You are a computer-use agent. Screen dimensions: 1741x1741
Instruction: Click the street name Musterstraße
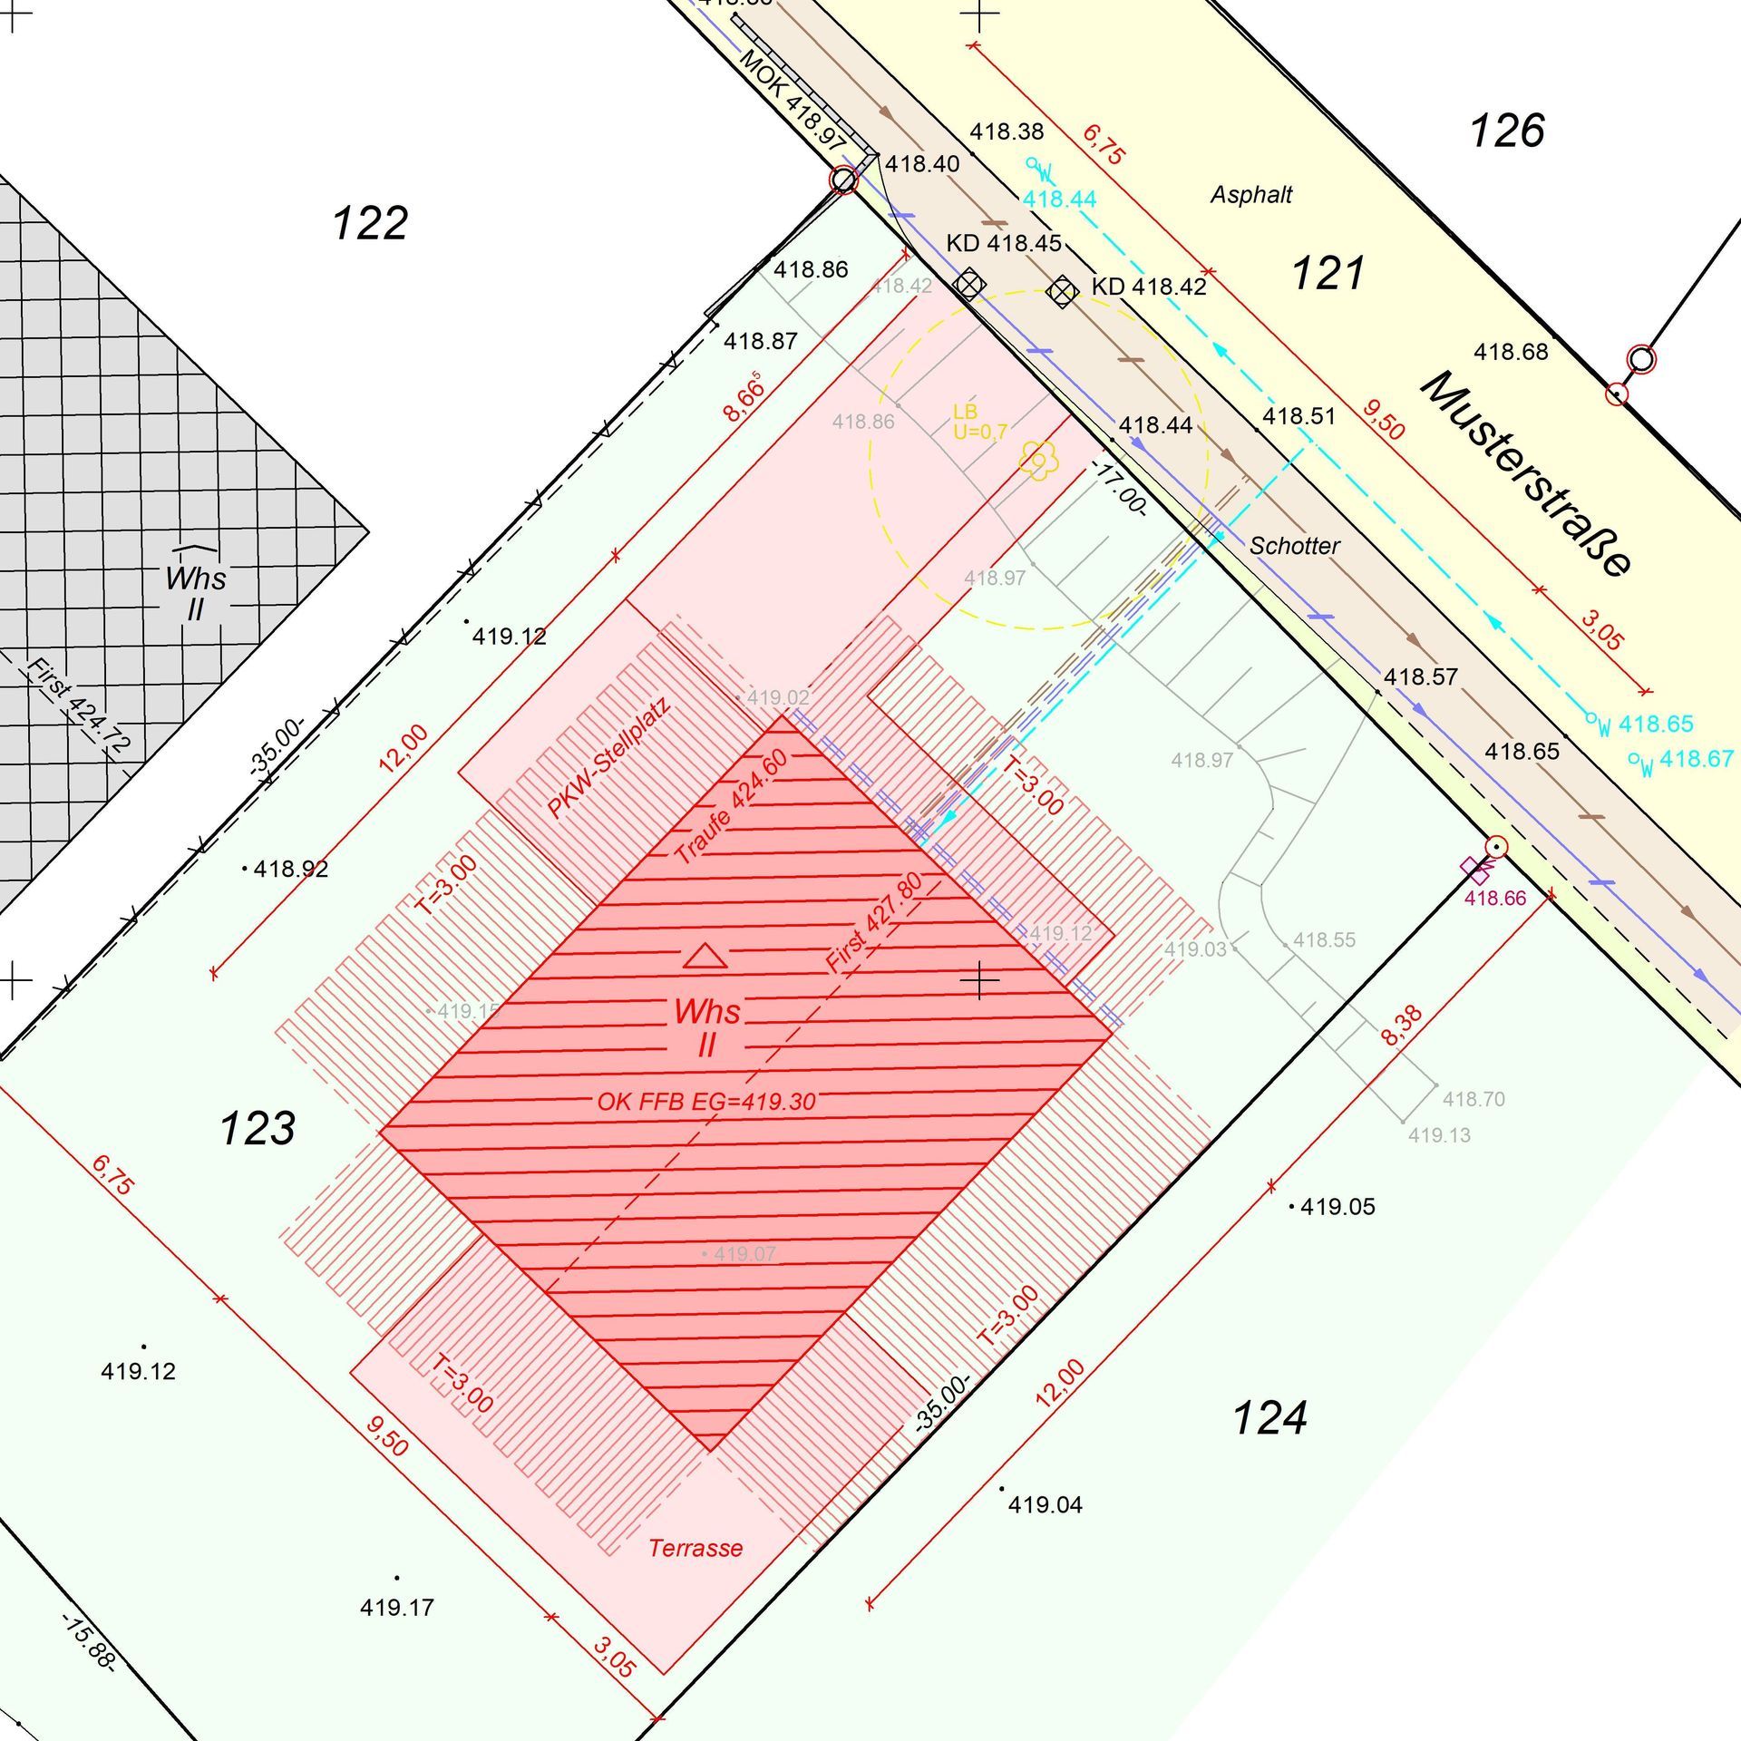coord(1527,473)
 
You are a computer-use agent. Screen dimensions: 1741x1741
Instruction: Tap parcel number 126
coord(1506,131)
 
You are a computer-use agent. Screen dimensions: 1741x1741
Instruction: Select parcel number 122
coord(370,223)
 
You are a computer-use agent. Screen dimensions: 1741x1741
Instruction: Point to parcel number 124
coord(1269,1418)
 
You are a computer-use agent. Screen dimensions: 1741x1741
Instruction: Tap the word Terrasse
coord(695,1548)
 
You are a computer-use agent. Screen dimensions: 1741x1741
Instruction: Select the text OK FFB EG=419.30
coord(706,1102)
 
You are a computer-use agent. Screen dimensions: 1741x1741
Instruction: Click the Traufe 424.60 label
coord(732,807)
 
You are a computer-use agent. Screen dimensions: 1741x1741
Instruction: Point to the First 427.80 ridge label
coord(874,922)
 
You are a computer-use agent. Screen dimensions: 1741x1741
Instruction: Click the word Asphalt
coord(1250,195)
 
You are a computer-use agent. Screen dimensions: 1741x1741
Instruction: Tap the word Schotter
coord(1294,546)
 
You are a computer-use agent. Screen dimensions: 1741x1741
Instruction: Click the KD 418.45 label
coord(1003,244)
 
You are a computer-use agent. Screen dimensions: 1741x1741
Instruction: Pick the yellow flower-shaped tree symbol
coord(1038,460)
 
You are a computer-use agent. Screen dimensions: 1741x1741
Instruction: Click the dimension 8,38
coord(1402,1026)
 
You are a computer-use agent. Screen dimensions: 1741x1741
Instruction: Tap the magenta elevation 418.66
coord(1495,898)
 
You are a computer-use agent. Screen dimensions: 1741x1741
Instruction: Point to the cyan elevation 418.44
coord(1059,199)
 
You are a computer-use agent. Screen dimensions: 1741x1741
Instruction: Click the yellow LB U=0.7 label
coord(978,422)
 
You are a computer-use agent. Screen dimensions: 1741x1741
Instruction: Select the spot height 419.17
coord(396,1608)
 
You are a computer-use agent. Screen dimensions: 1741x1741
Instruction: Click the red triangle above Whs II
coord(705,956)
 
